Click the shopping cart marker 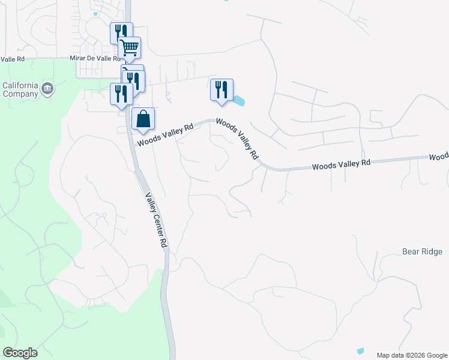(130, 47)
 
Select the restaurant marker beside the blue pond (221, 89)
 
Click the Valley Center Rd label (155, 220)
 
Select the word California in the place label (21, 85)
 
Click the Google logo (20, 353)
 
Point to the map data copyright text (412, 355)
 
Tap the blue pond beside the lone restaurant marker (239, 100)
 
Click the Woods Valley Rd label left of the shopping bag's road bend (164, 135)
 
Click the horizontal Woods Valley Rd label (340, 164)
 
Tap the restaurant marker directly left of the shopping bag (121, 94)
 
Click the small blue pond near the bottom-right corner (360, 350)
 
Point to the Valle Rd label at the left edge (12, 59)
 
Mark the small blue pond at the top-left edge (95, 13)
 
